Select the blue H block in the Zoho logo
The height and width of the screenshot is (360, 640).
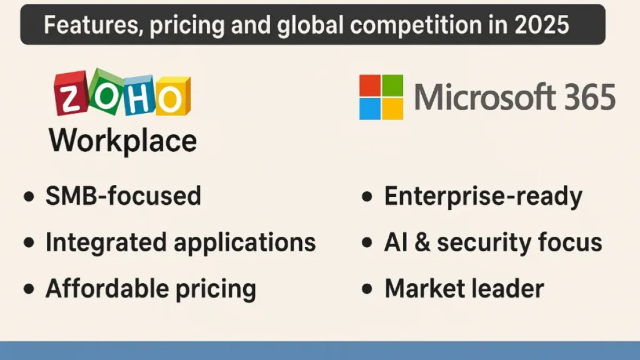pos(138,97)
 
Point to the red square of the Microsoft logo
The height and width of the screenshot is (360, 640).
pos(370,84)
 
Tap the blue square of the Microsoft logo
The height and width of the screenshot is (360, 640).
pos(370,108)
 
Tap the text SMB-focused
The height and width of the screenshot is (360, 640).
pos(123,196)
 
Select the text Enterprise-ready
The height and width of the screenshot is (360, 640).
pos(483,196)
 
